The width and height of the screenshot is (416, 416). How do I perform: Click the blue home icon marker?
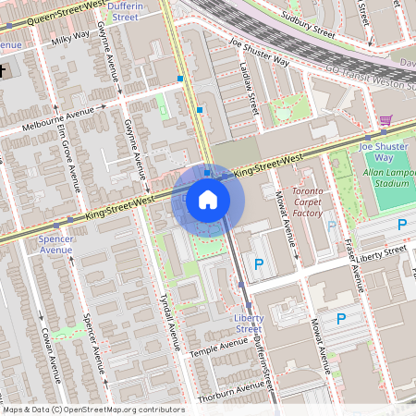tap(208, 199)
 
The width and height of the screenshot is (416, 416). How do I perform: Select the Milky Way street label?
tap(70, 37)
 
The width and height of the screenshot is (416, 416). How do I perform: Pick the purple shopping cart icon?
tap(385, 120)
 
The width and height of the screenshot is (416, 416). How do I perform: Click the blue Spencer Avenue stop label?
tap(56, 243)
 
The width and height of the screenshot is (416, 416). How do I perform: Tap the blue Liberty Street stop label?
tap(248, 323)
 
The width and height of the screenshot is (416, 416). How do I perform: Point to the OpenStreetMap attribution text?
tap(94, 410)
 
